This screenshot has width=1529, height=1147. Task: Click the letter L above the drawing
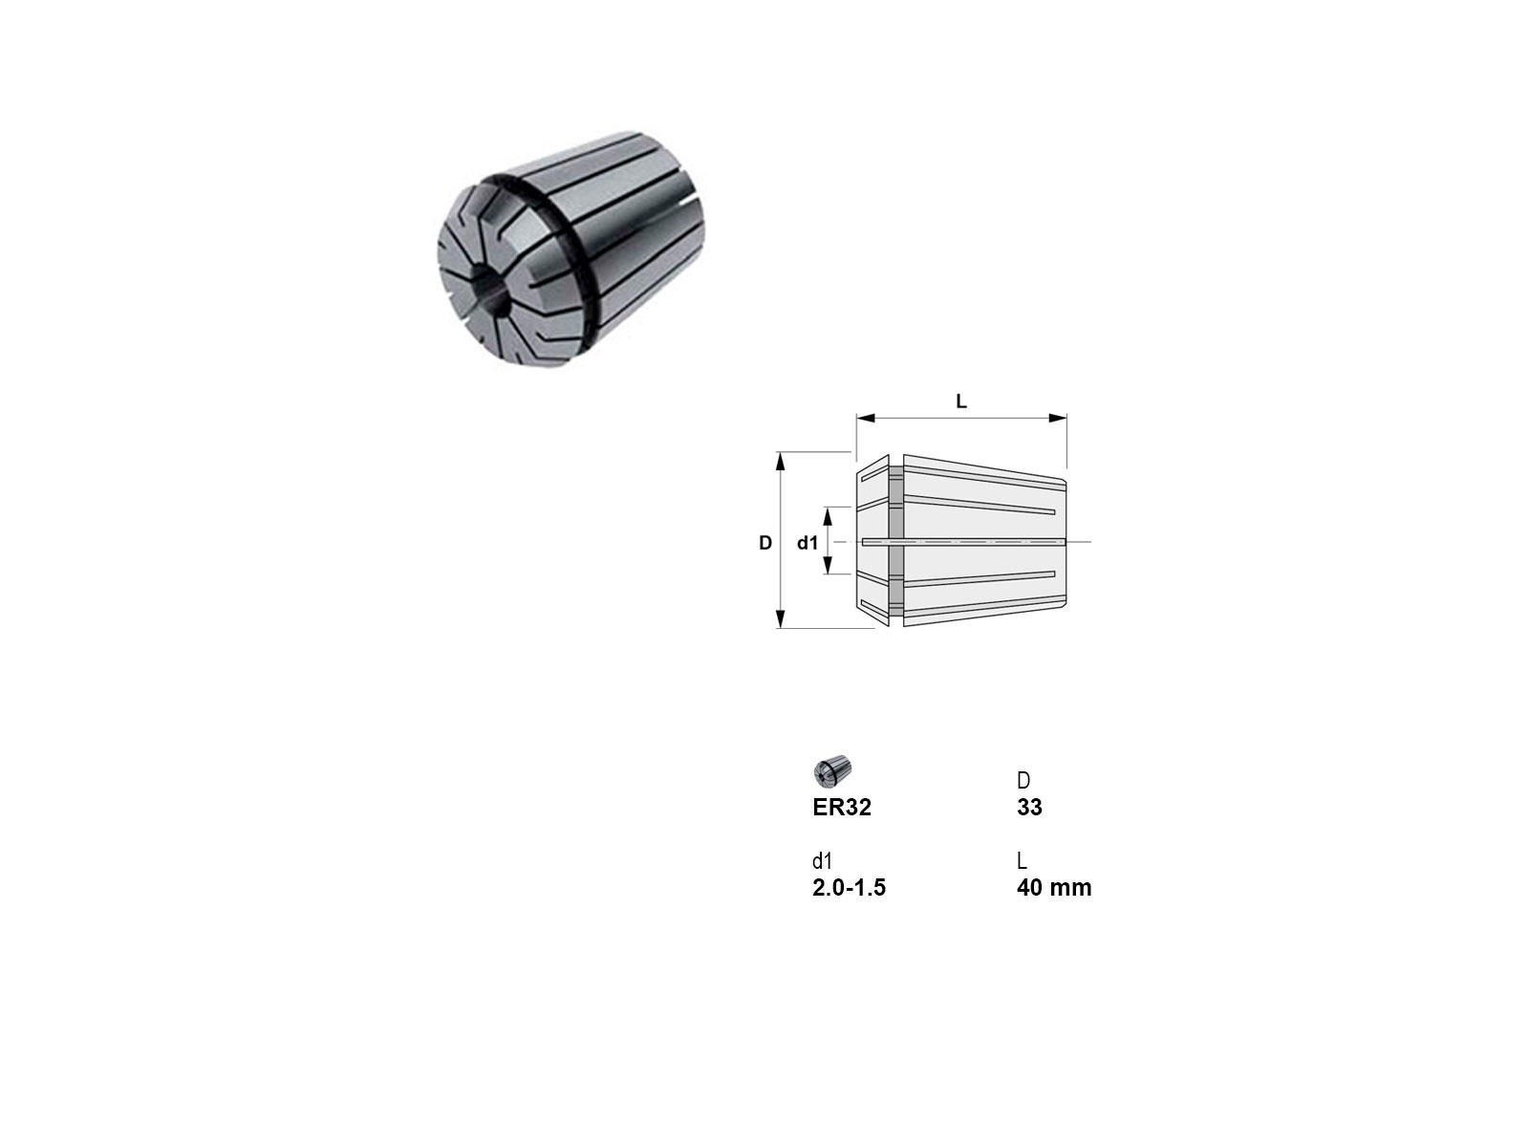tap(961, 401)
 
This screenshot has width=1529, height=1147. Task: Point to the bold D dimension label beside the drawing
tap(765, 543)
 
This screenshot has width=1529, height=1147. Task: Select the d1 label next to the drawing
tap(808, 543)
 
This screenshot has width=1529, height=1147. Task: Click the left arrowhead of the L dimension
tap(866, 419)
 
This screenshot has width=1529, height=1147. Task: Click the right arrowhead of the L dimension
tap(1058, 419)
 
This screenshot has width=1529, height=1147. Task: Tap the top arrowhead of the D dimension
tap(781, 462)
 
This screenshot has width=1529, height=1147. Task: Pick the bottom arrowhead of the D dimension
tap(781, 618)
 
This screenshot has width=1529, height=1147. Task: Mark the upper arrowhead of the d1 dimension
tap(829, 517)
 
